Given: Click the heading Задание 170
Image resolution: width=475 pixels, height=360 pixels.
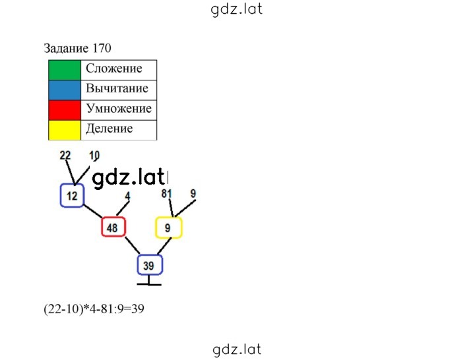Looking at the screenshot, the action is [x=77, y=48].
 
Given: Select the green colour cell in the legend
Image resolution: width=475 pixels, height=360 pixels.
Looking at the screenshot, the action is [x=65, y=70].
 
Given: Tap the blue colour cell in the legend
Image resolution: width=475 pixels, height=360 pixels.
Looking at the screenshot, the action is [x=65, y=90].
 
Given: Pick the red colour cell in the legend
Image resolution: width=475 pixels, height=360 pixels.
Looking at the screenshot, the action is [x=65, y=110].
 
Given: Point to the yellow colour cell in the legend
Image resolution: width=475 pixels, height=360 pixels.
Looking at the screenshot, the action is [x=65, y=130].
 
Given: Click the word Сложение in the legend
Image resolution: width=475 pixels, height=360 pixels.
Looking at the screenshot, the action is [x=114, y=68].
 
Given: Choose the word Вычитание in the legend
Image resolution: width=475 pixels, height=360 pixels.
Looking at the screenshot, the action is [x=117, y=88].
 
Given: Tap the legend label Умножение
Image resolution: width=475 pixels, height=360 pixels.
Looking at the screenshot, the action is [x=119, y=108].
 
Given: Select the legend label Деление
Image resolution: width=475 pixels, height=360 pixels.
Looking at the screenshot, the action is [x=110, y=129].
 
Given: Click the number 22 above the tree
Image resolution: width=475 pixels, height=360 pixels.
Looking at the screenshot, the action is [x=65, y=156].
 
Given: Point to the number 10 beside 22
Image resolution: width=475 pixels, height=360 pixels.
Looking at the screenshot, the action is [x=94, y=156].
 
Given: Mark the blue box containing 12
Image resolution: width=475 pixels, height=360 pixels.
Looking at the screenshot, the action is [x=72, y=196].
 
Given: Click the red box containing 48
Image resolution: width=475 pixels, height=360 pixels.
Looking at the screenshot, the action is [x=113, y=227].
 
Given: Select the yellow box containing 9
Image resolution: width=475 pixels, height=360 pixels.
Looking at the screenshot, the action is [x=169, y=227].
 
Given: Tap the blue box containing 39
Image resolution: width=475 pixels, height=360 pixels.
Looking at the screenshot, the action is [x=150, y=265].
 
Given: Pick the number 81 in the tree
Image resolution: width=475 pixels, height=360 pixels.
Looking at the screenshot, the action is [x=166, y=193].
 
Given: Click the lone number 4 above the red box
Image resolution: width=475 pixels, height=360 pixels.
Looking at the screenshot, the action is [x=127, y=196].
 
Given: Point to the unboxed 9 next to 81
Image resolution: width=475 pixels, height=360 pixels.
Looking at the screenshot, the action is [x=193, y=193].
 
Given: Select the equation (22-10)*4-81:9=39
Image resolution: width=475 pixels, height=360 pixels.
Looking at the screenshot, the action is [x=94, y=309].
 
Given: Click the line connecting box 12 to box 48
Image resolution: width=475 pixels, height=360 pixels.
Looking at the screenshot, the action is [x=93, y=212].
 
